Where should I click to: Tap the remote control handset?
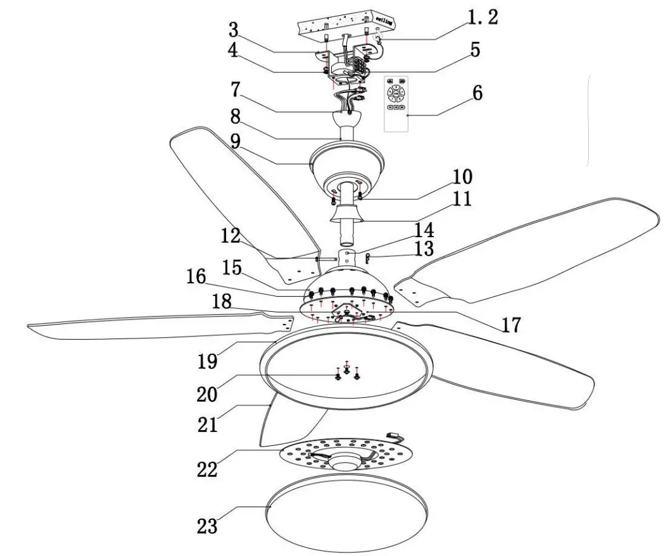click(397, 102)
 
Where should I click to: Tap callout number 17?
click(510, 325)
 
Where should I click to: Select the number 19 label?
click(207, 361)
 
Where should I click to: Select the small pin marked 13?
click(368, 257)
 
